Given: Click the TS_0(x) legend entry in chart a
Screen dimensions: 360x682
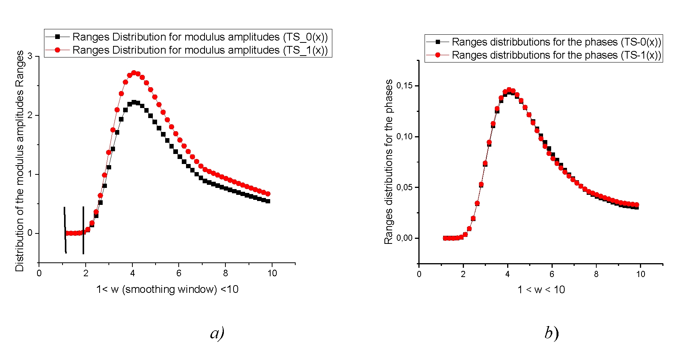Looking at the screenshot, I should click(200, 37).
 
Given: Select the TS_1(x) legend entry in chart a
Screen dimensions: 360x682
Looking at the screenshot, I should click(200, 50).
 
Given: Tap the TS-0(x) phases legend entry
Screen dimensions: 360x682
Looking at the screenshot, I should click(556, 42).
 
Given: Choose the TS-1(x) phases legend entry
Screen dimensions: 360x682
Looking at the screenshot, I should click(556, 55).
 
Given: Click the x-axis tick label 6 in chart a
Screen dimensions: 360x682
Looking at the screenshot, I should click(179, 273).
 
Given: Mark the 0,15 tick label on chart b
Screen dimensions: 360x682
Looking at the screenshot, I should click(404, 86).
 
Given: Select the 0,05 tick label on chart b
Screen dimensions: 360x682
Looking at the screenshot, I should click(404, 188).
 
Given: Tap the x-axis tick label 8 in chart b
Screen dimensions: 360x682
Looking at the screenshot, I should click(596, 274).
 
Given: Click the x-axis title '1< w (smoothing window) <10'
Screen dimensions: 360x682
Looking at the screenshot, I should click(167, 289).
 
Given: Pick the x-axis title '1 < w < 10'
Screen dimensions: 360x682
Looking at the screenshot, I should click(541, 290).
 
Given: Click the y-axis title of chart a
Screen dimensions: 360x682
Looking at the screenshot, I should click(20, 161).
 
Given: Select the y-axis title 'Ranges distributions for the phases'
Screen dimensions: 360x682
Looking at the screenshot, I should click(389, 162).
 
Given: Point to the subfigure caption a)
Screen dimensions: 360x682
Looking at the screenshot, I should click(217, 333).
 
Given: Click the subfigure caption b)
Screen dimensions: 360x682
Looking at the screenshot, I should click(552, 333).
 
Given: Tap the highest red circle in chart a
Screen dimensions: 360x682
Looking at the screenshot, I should click(134, 73).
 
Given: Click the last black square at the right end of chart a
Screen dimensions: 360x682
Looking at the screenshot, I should click(268, 201).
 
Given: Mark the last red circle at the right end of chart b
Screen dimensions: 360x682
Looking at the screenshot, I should click(636, 205).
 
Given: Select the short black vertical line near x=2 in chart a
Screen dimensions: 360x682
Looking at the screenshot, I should click(83, 230).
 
